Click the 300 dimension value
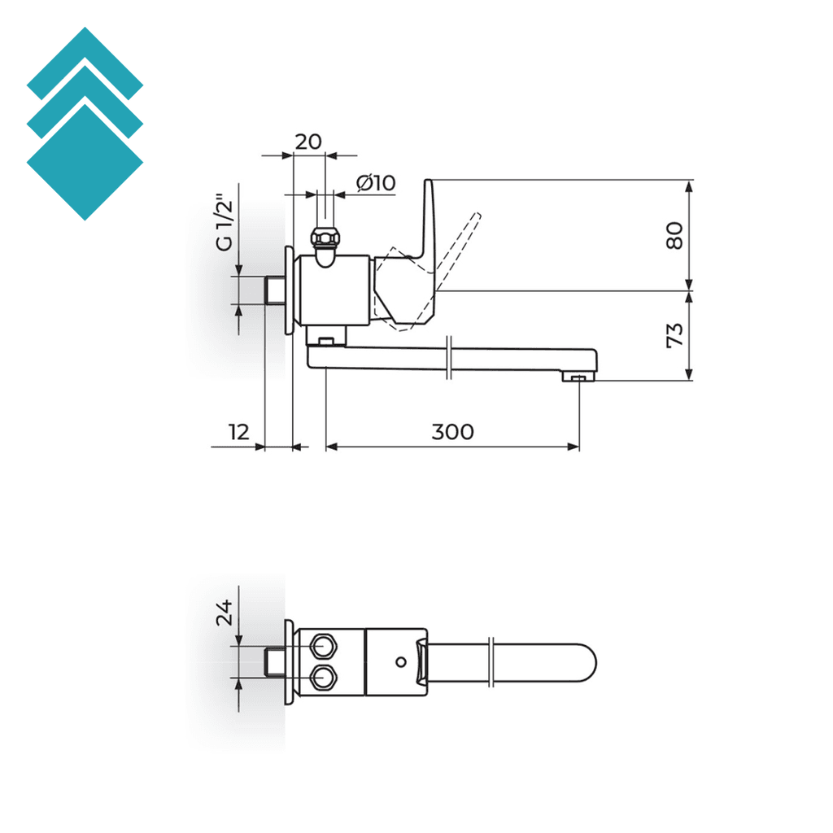[x=451, y=431]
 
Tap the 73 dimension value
[x=674, y=335]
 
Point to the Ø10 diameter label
[x=376, y=183]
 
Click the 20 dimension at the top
[x=307, y=142]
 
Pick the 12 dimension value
[x=238, y=431]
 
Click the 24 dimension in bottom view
[x=225, y=612]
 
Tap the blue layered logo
[x=85, y=124]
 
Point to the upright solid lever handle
[x=430, y=220]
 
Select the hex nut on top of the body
[x=326, y=238]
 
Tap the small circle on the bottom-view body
[x=399, y=661]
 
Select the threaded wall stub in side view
[x=275, y=290]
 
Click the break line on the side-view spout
[x=449, y=359]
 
